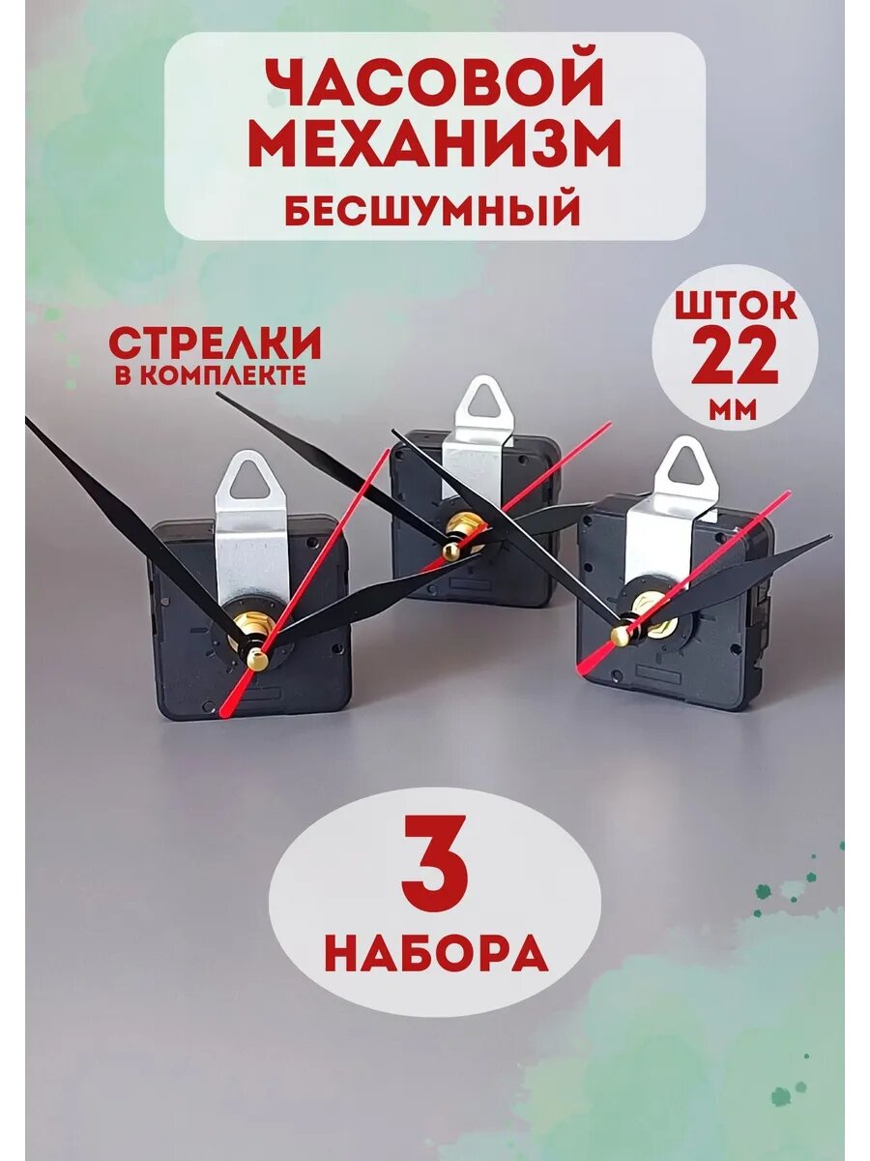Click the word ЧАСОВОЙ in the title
point(434,85)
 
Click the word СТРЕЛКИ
point(215,344)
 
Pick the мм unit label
point(735,410)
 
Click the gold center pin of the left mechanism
point(256,659)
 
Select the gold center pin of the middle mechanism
point(449,550)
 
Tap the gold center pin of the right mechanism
point(620,635)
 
